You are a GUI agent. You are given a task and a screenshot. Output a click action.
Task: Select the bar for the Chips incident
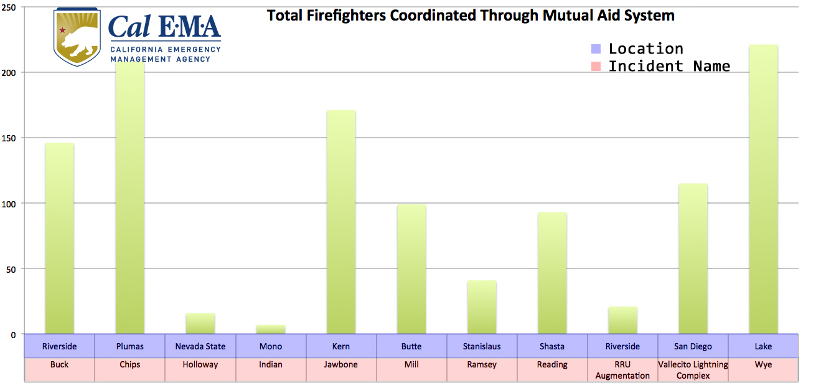[129, 199]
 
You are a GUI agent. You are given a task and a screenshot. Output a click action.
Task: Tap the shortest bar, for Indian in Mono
[270, 329]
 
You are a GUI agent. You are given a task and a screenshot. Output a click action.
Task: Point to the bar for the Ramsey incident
[482, 307]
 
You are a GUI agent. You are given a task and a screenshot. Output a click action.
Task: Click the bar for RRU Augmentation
[622, 320]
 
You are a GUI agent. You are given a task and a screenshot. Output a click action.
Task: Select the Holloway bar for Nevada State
[200, 324]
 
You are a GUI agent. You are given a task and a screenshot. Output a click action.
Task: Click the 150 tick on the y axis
[12, 138]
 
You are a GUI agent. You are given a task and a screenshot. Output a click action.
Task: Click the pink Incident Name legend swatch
[596, 66]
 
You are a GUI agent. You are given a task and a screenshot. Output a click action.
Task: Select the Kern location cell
[341, 346]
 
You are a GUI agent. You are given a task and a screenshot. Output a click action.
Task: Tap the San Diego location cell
[693, 346]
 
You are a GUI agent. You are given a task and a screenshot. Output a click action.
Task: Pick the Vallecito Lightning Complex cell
[693, 370]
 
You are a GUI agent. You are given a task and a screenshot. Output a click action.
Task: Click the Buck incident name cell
[59, 364]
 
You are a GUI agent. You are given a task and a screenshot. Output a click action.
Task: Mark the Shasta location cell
[552, 346]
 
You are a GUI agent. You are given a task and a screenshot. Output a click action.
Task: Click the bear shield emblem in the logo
[77, 37]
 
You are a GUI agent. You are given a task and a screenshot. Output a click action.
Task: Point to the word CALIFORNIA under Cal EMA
[138, 49]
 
